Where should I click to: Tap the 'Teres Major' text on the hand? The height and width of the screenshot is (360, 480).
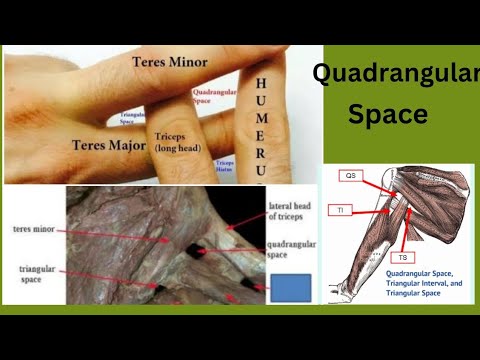tap(109, 144)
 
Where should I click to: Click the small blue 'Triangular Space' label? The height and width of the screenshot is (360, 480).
tap(129, 118)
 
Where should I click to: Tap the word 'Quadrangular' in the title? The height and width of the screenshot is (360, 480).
tap(395, 72)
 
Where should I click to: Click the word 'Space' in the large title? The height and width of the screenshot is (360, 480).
tap(388, 114)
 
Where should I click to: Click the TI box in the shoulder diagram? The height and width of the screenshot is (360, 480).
tap(340, 210)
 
